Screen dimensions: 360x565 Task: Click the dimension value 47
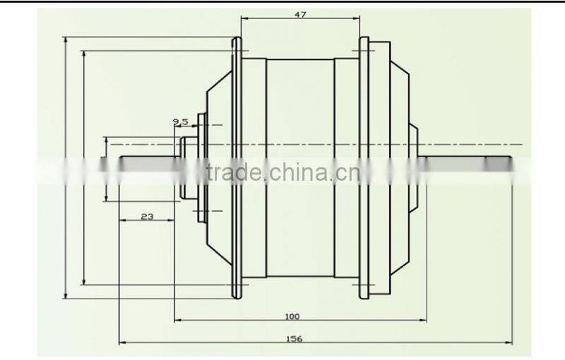coord(300,14)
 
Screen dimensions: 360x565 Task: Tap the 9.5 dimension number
coord(179,122)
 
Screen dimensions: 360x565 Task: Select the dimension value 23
coord(147,217)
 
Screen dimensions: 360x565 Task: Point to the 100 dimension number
coord(293,316)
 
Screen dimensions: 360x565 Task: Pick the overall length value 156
coord(295,340)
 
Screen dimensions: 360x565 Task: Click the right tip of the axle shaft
coord(510,162)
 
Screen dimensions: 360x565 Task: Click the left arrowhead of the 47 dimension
coord(243,20)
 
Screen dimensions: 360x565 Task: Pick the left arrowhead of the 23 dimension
coord(121,220)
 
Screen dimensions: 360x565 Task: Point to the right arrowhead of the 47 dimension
coord(357,20)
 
